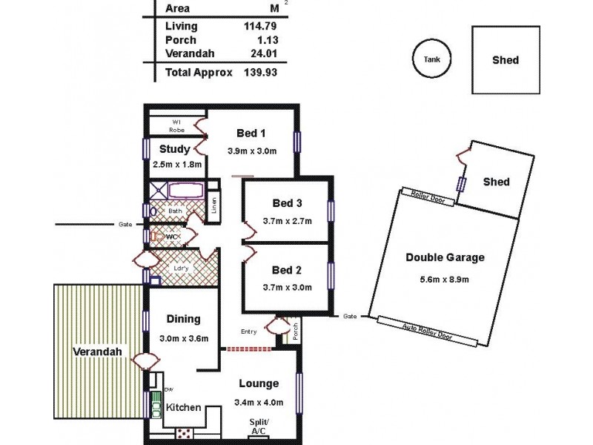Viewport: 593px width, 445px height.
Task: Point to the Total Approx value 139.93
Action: click(x=250, y=73)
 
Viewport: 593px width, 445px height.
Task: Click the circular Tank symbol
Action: click(x=431, y=59)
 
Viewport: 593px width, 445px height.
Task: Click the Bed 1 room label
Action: click(x=251, y=133)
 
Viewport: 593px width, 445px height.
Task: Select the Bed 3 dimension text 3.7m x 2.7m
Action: click(x=287, y=220)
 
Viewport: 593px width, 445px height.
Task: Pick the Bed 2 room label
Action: click(x=287, y=270)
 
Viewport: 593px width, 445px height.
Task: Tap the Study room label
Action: click(x=175, y=148)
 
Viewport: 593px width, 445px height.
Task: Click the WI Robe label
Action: click(x=177, y=125)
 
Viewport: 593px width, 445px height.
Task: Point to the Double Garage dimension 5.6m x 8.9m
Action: click(x=445, y=279)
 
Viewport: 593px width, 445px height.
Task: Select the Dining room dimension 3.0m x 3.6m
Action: click(x=183, y=339)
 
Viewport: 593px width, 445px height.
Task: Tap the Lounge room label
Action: click(x=259, y=383)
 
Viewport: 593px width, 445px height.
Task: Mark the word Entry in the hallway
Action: click(x=249, y=332)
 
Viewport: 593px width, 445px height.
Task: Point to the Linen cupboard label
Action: click(x=213, y=205)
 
